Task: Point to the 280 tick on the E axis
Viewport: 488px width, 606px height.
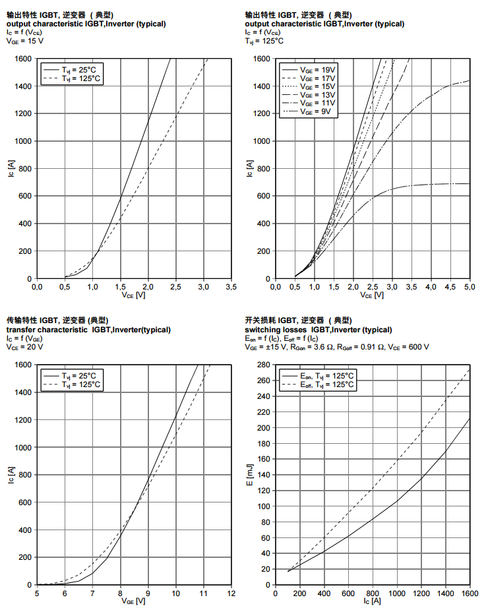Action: (263, 365)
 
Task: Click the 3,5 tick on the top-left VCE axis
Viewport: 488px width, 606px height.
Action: (231, 287)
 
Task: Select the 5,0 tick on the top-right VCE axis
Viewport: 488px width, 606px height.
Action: (470, 287)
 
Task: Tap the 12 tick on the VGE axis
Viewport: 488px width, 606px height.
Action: (231, 593)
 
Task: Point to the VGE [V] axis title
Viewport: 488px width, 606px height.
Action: (134, 601)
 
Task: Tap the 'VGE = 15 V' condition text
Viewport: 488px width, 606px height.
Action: (25, 41)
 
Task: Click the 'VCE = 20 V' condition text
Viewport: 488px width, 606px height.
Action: (25, 347)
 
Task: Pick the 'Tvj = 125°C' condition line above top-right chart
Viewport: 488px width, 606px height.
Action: (264, 41)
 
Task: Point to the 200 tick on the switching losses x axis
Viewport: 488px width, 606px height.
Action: (301, 593)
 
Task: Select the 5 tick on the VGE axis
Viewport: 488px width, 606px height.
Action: (37, 593)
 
